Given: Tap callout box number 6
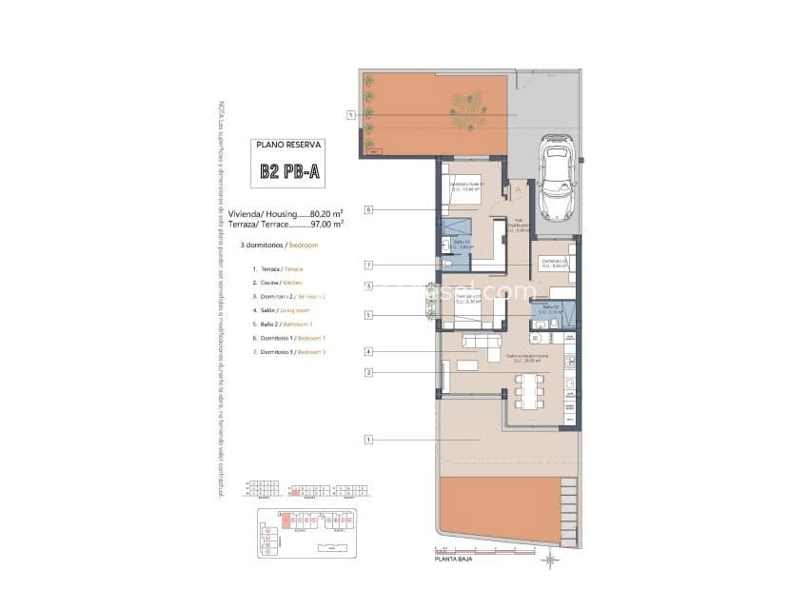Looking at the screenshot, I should (366, 208).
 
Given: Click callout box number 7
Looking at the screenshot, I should (366, 265).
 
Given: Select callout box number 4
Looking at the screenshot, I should (366, 351).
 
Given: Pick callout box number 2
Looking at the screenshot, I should (366, 372).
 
